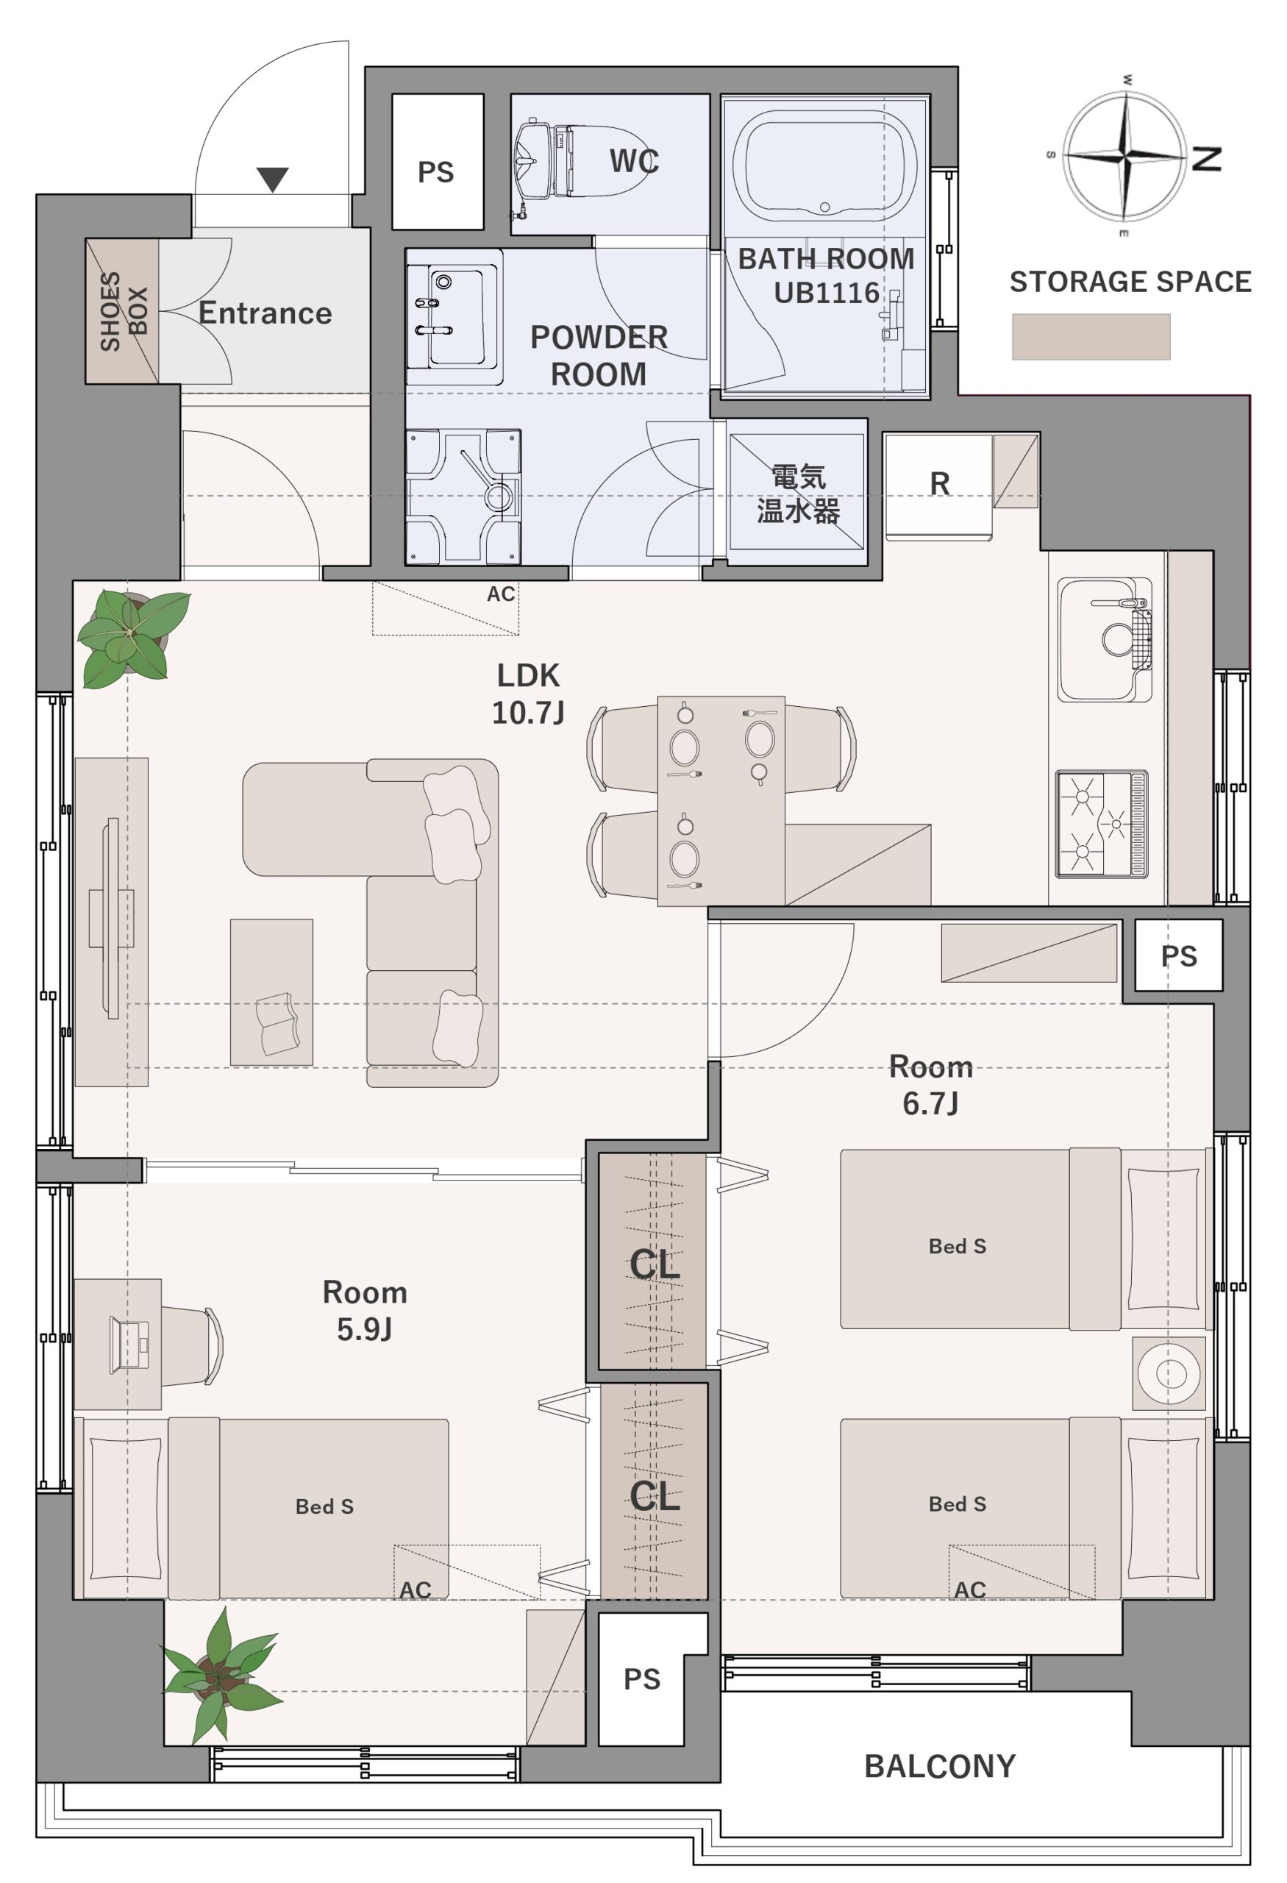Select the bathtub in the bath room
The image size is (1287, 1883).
coord(824,166)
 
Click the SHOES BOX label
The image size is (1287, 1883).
coord(124,311)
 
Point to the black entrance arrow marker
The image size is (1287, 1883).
coord(273,179)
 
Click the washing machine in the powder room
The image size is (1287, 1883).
coord(463,496)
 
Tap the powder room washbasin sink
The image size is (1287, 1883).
coord(454,317)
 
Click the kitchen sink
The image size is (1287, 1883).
coord(1105,640)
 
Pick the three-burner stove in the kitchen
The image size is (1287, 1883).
coord(1102,824)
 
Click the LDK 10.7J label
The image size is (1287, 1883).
coord(528,694)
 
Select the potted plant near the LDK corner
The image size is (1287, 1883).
coord(133,638)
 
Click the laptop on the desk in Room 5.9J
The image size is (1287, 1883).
coord(129,1345)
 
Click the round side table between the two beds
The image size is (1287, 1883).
coord(1169,1373)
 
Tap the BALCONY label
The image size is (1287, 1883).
coord(940,1767)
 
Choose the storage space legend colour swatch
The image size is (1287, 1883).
coord(1091,336)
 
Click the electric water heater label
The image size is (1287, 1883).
coord(798,494)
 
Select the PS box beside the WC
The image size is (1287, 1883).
coord(438,162)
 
